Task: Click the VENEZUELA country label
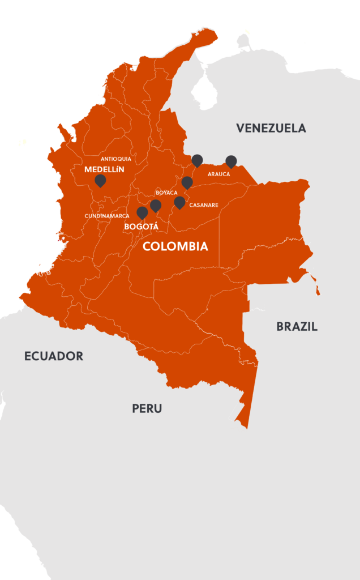tap(271, 128)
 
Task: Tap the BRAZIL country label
tap(297, 326)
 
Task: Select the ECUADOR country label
tap(54, 356)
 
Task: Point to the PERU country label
tap(147, 408)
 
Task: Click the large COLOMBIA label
tap(175, 247)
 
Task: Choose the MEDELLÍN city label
tap(104, 169)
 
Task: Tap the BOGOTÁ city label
tap(141, 227)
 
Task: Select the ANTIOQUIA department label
tap(115, 159)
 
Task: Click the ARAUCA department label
tap(218, 174)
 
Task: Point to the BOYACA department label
tap(166, 193)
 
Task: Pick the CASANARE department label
tap(204, 204)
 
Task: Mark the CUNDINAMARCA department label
tap(107, 216)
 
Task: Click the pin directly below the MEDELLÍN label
tap(100, 181)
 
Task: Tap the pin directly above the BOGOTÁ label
tap(142, 212)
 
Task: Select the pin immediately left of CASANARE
tap(179, 202)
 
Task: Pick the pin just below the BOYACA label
tap(156, 205)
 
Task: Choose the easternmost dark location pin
tap(231, 161)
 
